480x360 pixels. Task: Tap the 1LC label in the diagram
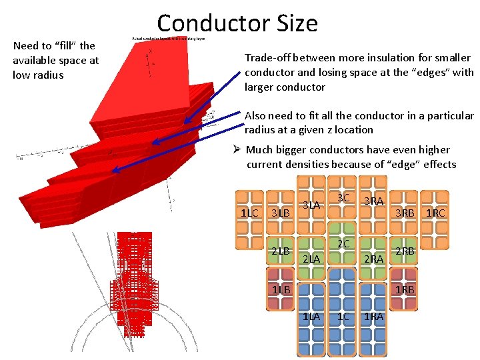pyautogui.click(x=249, y=213)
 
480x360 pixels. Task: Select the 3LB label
pyautogui.click(x=279, y=213)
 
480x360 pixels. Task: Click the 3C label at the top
pyautogui.click(x=343, y=198)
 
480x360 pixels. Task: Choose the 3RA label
pyautogui.click(x=373, y=201)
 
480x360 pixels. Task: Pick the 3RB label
pyautogui.click(x=405, y=213)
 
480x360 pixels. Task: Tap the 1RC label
pyautogui.click(x=435, y=213)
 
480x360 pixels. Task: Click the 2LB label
pyautogui.click(x=280, y=251)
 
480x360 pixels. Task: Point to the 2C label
pyautogui.click(x=343, y=244)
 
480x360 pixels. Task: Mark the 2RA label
pyautogui.click(x=373, y=259)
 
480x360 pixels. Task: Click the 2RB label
pyautogui.click(x=405, y=251)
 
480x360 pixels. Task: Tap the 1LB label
pyautogui.click(x=281, y=289)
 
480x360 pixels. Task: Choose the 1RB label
pyautogui.click(x=405, y=289)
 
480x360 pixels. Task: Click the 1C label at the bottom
pyautogui.click(x=343, y=317)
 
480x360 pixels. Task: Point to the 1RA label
pyautogui.click(x=373, y=317)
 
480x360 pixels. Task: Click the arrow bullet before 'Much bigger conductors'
pyautogui.click(x=239, y=150)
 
